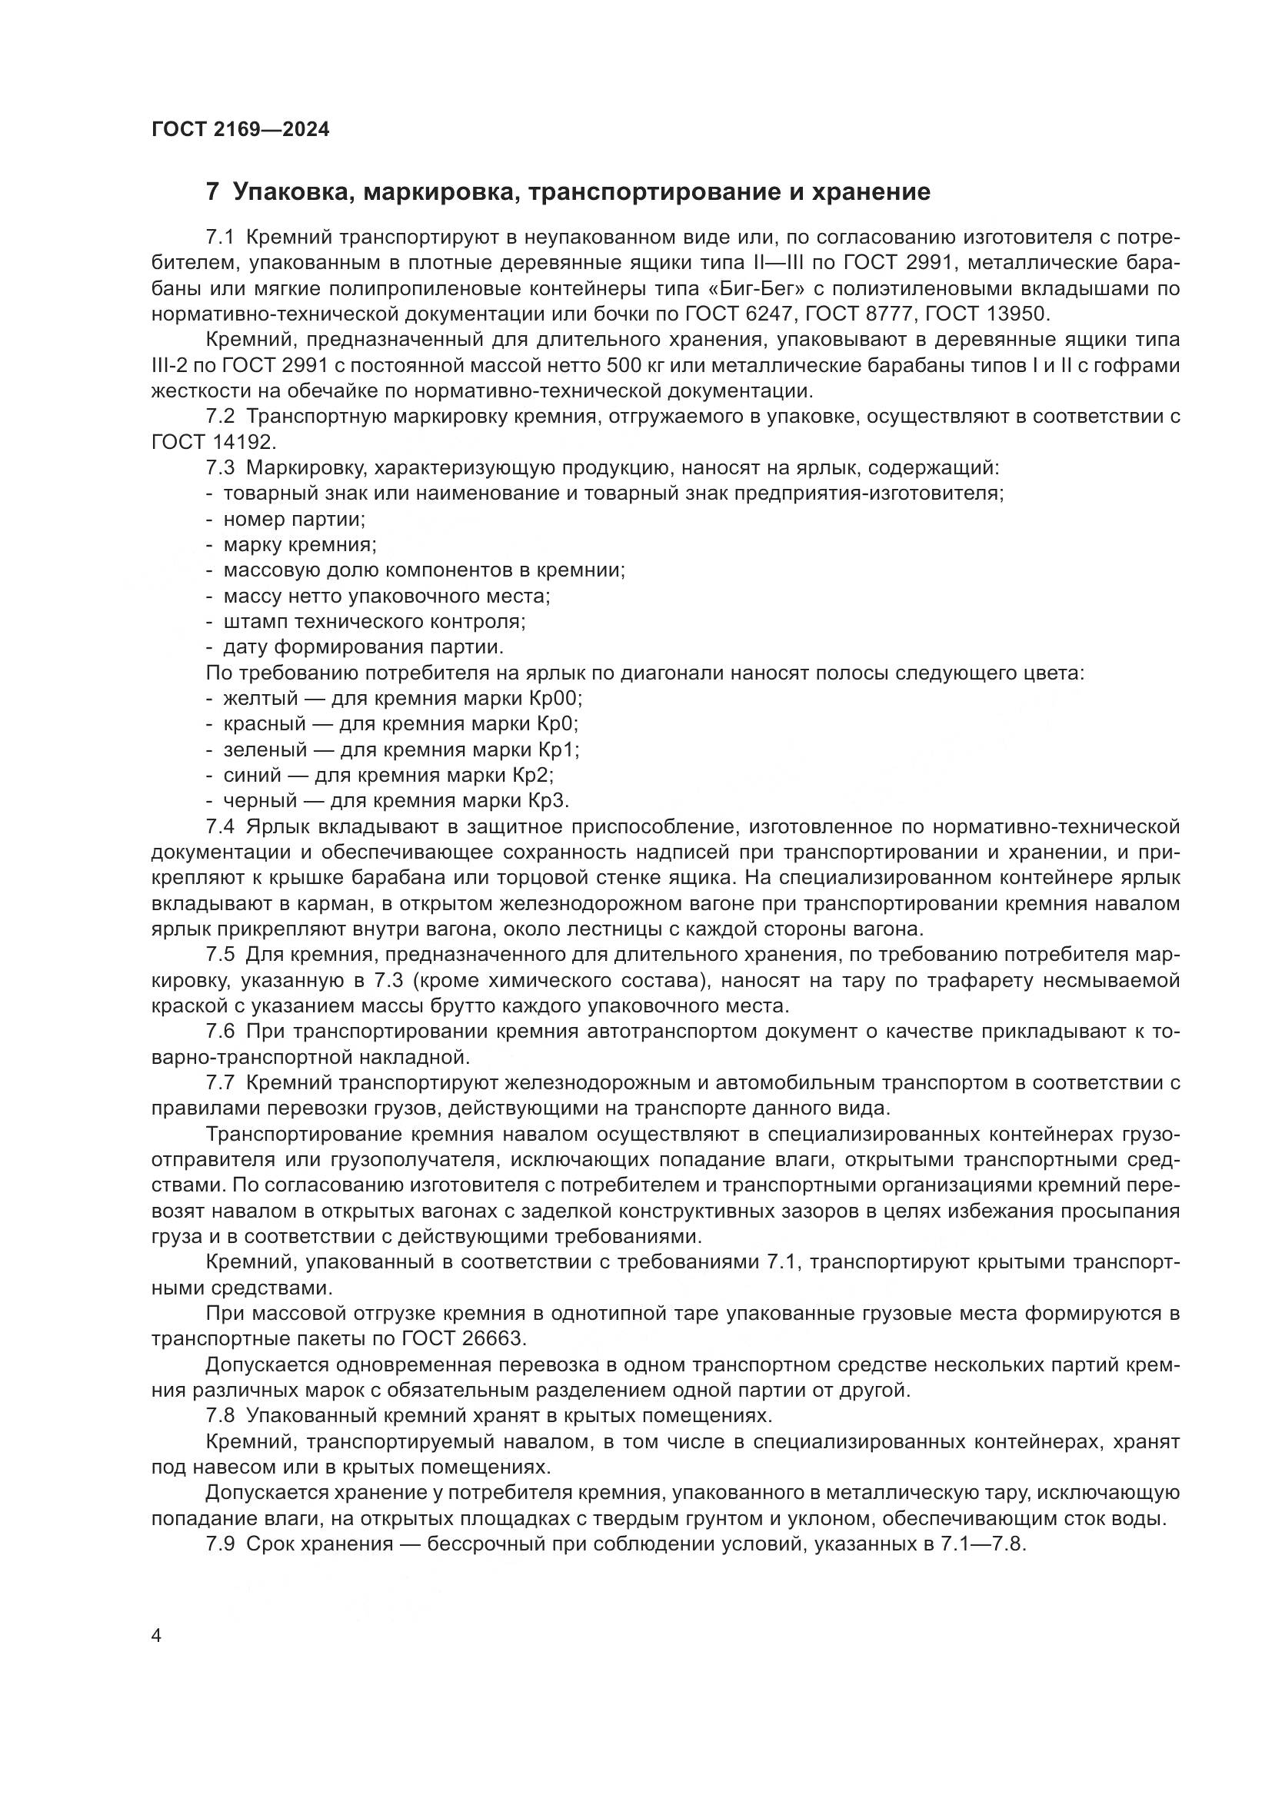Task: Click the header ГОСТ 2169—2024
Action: (x=240, y=130)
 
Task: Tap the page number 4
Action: (x=157, y=1637)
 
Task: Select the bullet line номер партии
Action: (x=295, y=519)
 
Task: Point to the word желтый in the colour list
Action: (x=261, y=698)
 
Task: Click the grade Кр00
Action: (x=559, y=698)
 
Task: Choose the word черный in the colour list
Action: (x=260, y=800)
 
